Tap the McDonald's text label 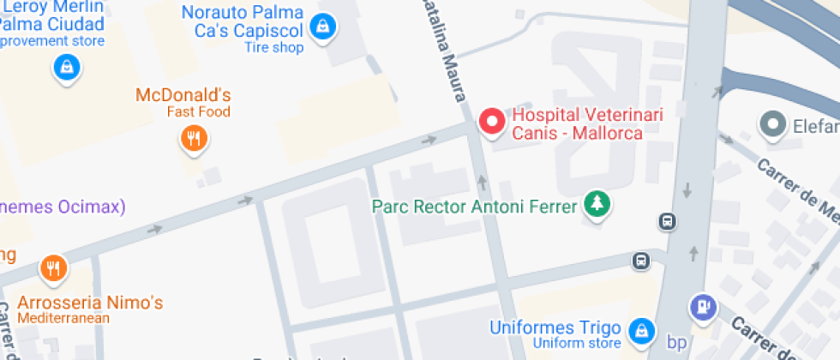[x=183, y=95]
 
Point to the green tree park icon [x=596, y=204]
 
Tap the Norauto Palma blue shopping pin [x=322, y=26]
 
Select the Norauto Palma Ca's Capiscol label [x=243, y=21]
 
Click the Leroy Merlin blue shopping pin [x=66, y=66]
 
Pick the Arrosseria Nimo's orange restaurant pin [x=53, y=268]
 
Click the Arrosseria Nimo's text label [x=90, y=303]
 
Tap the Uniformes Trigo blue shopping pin [x=639, y=330]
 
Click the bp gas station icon [x=702, y=306]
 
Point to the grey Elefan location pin [x=773, y=125]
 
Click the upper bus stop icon [x=668, y=221]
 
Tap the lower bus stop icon [x=640, y=260]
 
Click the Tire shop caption [x=274, y=47]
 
